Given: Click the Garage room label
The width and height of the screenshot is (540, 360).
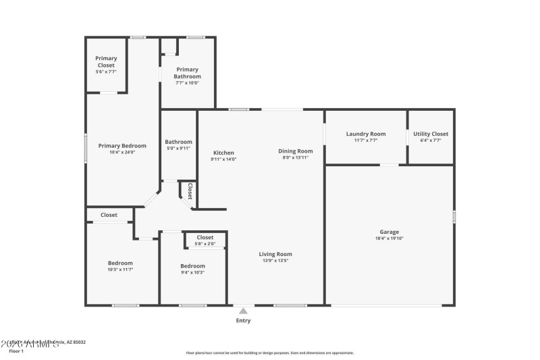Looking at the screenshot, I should [x=389, y=231].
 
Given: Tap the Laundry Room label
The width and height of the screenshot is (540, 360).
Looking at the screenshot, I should [x=366, y=134].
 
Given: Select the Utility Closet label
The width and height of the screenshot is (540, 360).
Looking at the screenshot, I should [x=431, y=134].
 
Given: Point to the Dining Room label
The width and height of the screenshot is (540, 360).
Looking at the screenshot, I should [x=296, y=151].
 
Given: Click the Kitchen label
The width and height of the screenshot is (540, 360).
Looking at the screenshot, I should [x=223, y=153].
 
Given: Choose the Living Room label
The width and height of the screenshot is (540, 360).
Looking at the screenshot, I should [x=275, y=254].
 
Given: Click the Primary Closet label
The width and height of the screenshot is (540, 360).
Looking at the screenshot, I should [x=106, y=61].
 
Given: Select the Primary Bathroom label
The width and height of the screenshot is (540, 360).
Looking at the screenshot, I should [x=187, y=73].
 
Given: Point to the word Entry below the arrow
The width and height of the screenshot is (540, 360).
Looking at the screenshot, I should [x=243, y=321].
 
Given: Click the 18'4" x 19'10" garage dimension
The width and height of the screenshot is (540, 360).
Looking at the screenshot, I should [x=389, y=238].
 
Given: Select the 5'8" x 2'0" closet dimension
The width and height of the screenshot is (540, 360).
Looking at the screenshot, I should [x=205, y=244].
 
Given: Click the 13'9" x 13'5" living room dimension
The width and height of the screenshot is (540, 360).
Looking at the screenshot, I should [x=275, y=261].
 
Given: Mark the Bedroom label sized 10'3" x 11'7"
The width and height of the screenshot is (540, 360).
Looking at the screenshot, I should [x=120, y=263].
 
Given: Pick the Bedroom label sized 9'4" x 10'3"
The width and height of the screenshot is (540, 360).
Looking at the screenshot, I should [x=192, y=265].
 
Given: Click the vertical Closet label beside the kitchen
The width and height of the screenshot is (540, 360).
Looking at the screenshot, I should [x=190, y=191].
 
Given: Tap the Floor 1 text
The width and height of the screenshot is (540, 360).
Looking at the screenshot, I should [x=16, y=351].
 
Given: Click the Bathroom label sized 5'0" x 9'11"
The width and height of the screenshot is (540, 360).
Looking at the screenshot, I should [x=179, y=142].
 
